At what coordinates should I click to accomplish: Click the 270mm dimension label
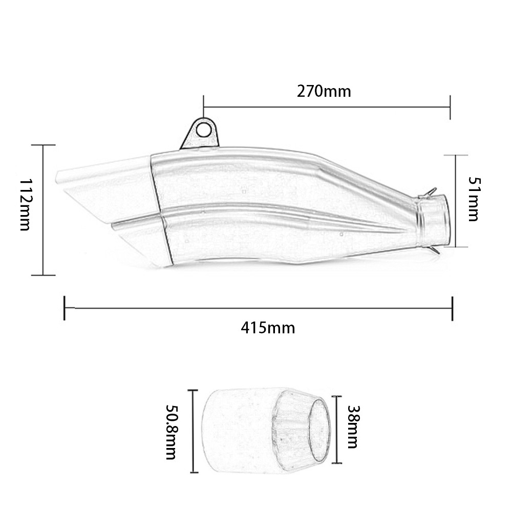tap(324, 92)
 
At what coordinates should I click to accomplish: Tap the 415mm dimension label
tap(268, 328)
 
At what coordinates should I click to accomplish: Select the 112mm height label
tap(25, 205)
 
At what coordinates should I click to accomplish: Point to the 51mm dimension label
tap(474, 199)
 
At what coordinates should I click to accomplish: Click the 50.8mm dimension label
tap(171, 432)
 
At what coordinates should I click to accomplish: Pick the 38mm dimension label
tap(353, 427)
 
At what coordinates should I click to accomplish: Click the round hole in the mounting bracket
tap(203, 130)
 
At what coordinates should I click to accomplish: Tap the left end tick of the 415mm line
tap(65, 308)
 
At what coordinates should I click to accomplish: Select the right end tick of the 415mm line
tap(452, 308)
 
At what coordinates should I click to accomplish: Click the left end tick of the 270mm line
tap(203, 107)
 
